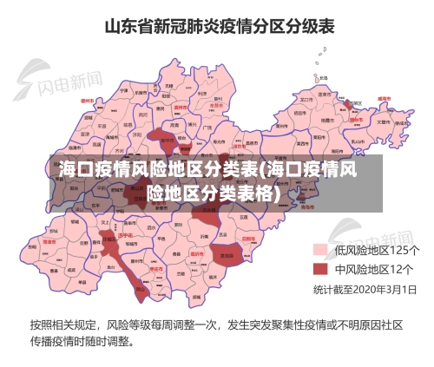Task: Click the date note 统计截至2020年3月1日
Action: [365, 288]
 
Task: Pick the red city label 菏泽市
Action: [49, 242]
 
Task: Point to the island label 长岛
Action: [323, 77]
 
